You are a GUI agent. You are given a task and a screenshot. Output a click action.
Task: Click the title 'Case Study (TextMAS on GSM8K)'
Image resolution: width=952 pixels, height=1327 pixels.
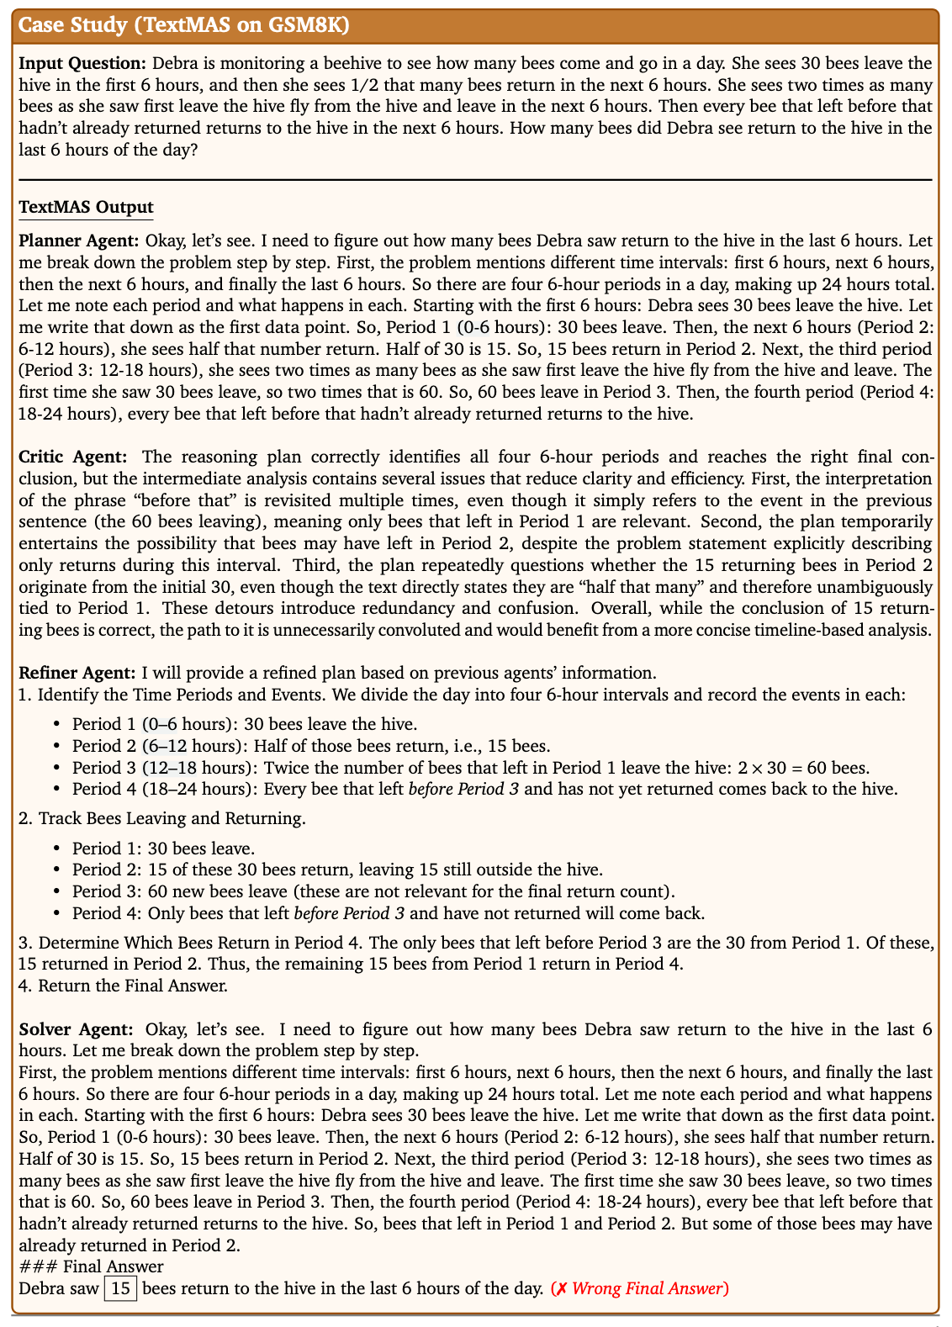[x=184, y=25]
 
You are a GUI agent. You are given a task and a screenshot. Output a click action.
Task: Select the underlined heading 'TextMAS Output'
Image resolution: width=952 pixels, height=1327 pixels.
[x=86, y=207]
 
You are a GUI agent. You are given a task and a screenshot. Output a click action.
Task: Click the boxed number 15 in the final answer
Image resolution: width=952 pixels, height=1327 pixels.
[x=120, y=1288]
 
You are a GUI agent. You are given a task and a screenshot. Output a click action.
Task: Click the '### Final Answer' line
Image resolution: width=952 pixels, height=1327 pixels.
[x=91, y=1266]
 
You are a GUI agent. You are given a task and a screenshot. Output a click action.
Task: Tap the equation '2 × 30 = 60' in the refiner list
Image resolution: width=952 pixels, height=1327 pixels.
[x=802, y=768]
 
